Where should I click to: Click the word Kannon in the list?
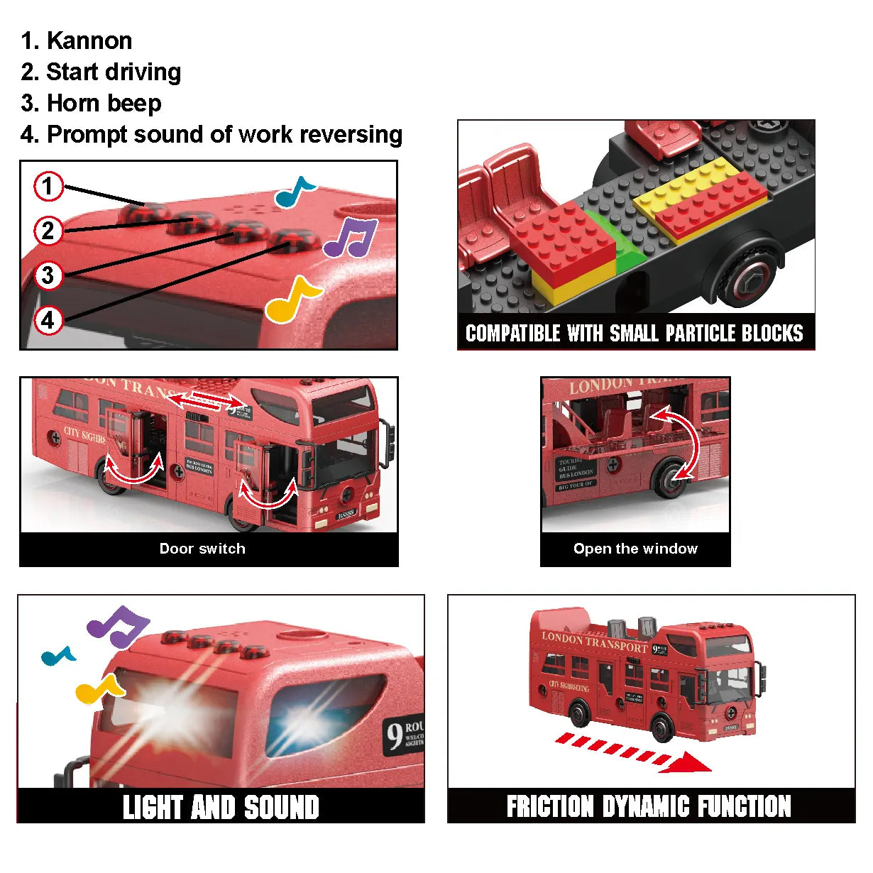(89, 41)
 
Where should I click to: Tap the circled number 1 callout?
(48, 187)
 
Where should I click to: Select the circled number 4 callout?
(48, 320)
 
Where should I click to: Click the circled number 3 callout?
(48, 275)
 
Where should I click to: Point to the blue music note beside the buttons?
(294, 192)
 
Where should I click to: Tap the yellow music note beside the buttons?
(292, 299)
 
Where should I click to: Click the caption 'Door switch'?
(202, 549)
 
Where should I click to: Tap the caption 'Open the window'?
(635, 549)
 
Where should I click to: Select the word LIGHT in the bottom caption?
(152, 808)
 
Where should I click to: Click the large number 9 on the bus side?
(394, 735)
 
